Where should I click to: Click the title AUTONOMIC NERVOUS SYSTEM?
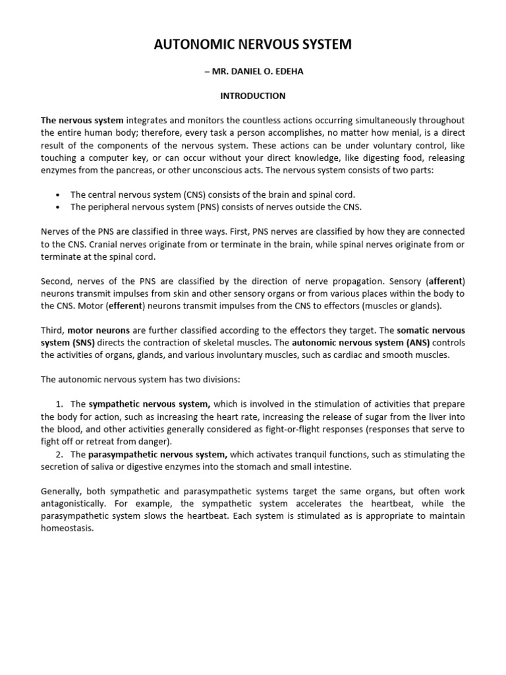[x=253, y=45]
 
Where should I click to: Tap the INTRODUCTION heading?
[x=253, y=96]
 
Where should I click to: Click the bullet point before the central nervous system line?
[x=59, y=195]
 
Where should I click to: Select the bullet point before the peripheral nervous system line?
[x=59, y=208]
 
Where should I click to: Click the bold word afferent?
[x=446, y=282]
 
